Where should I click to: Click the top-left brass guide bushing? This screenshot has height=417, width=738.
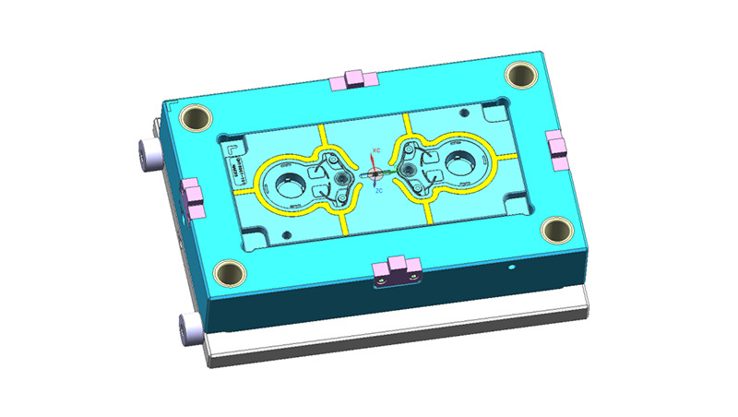click(x=197, y=117)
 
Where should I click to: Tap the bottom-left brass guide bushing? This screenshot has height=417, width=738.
click(x=227, y=271)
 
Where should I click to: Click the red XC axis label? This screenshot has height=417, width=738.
click(x=375, y=149)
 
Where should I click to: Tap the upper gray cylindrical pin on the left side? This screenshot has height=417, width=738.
click(x=149, y=153)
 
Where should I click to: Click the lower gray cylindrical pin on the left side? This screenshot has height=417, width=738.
click(x=189, y=325)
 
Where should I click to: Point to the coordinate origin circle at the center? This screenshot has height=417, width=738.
click(x=374, y=173)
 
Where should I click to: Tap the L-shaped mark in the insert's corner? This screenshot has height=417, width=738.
click(x=233, y=148)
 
